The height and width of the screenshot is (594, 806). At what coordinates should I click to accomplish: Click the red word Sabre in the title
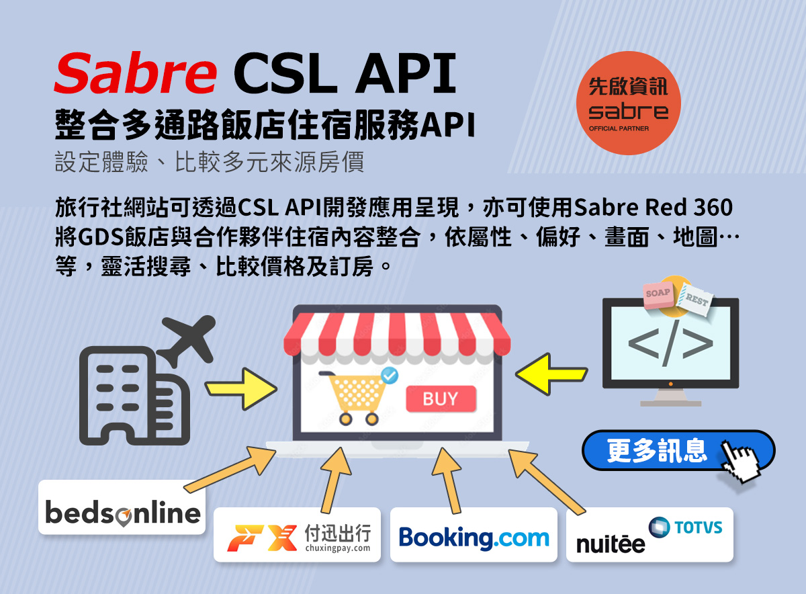tap(135, 73)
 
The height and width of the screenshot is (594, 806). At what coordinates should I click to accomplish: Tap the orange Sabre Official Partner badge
tap(628, 103)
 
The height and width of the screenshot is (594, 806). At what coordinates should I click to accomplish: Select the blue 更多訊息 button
tap(678, 450)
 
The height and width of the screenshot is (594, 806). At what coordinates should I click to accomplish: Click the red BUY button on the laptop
tap(441, 399)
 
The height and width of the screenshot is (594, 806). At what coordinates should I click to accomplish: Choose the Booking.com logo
tap(474, 538)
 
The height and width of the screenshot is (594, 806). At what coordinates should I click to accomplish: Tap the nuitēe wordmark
tap(611, 544)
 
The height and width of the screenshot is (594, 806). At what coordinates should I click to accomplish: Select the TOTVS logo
tap(686, 527)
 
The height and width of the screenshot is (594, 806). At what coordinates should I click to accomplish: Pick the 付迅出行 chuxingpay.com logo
tap(298, 538)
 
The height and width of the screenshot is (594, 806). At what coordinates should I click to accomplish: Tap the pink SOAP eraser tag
tap(658, 295)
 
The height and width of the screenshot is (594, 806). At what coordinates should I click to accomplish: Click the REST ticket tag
tap(695, 299)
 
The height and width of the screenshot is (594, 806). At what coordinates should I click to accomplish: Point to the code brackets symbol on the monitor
tap(670, 343)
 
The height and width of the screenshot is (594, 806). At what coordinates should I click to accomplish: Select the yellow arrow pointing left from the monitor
tap(551, 374)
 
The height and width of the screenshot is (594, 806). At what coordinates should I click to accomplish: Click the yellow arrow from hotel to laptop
tap(241, 389)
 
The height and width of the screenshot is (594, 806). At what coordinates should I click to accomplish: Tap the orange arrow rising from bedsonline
tap(230, 469)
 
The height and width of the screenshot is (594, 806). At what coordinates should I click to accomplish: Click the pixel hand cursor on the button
tap(742, 461)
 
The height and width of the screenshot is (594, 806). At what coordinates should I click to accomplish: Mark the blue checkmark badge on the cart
tap(390, 375)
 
